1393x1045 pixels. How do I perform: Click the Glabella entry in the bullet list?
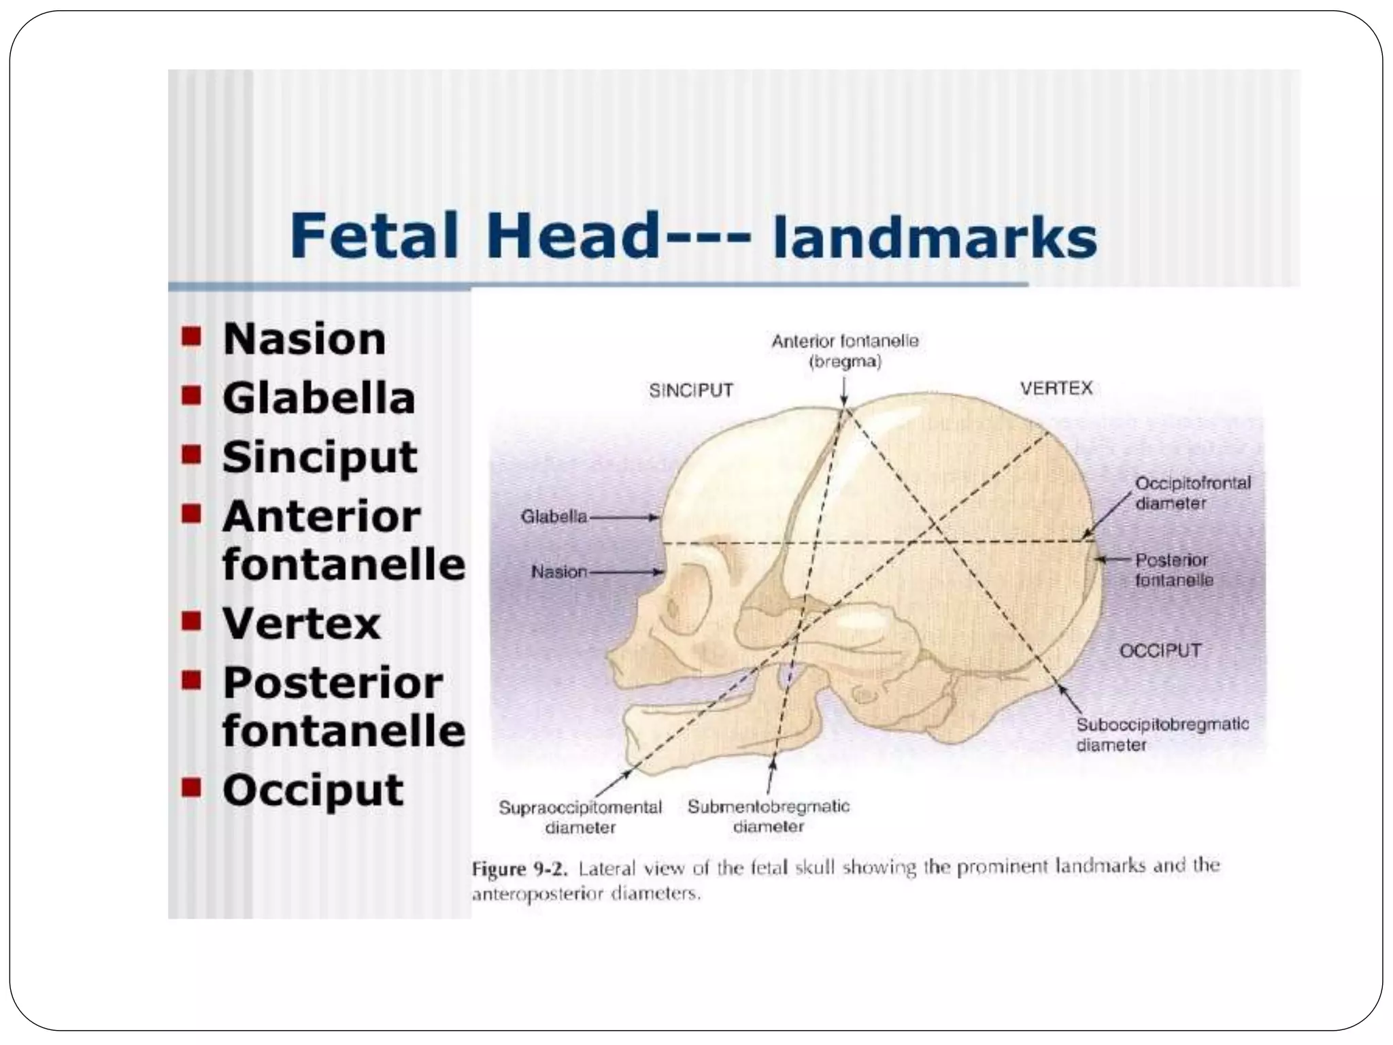point(318,398)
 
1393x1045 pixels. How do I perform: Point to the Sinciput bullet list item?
point(319,457)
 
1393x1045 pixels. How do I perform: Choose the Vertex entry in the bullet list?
point(301,623)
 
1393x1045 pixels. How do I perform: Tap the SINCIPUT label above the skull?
point(691,391)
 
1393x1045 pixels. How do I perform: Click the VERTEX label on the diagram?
point(1056,388)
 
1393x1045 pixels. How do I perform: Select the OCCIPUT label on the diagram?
point(1160,650)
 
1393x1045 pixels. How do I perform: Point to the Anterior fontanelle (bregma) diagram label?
point(845,351)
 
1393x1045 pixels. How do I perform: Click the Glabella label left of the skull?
point(554,517)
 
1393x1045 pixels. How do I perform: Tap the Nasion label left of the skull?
point(558,572)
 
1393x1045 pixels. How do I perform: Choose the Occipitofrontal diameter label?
point(1192,493)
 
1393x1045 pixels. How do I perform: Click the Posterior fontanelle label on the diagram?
point(1173,570)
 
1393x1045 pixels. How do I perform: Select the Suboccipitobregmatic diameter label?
point(1162,734)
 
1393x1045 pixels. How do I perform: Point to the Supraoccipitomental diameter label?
point(580,817)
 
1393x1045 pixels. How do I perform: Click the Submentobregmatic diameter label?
point(769,816)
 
